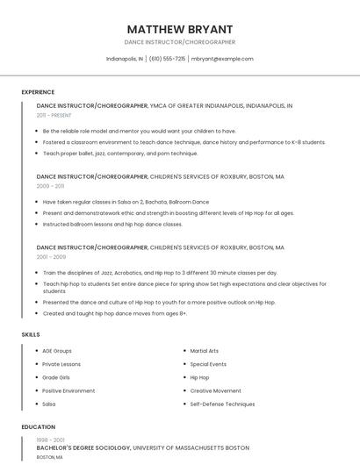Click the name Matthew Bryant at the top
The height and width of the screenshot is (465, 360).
pyautogui.click(x=179, y=28)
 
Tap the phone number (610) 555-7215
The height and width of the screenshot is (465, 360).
pyautogui.click(x=167, y=59)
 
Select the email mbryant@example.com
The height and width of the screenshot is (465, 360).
pyautogui.click(x=222, y=59)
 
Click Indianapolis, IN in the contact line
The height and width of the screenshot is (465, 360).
pyautogui.click(x=125, y=59)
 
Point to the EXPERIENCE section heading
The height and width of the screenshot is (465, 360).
pyautogui.click(x=38, y=92)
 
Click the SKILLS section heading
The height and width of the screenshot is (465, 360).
pyautogui.click(x=30, y=334)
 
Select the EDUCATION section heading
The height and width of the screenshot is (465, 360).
pyautogui.click(x=38, y=427)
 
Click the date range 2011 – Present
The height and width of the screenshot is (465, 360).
pyautogui.click(x=54, y=115)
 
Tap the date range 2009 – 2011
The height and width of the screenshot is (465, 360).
pyautogui.click(x=50, y=186)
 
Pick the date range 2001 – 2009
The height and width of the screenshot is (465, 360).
pyautogui.click(x=51, y=257)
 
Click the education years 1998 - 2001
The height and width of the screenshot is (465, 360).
pyautogui.click(x=50, y=439)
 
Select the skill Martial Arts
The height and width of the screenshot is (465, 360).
pyautogui.click(x=205, y=351)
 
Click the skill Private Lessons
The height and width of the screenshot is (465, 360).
pyautogui.click(x=61, y=364)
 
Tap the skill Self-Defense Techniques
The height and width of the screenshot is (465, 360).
pyautogui.click(x=222, y=404)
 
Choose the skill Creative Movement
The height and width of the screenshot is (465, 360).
pyautogui.click(x=215, y=390)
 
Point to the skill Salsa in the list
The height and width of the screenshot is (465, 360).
pyautogui.click(x=49, y=404)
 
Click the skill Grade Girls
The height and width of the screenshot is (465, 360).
pyautogui.click(x=56, y=377)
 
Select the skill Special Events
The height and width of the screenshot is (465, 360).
pyautogui.click(x=208, y=364)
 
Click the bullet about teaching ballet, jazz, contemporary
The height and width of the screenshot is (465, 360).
pyautogui.click(x=120, y=154)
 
